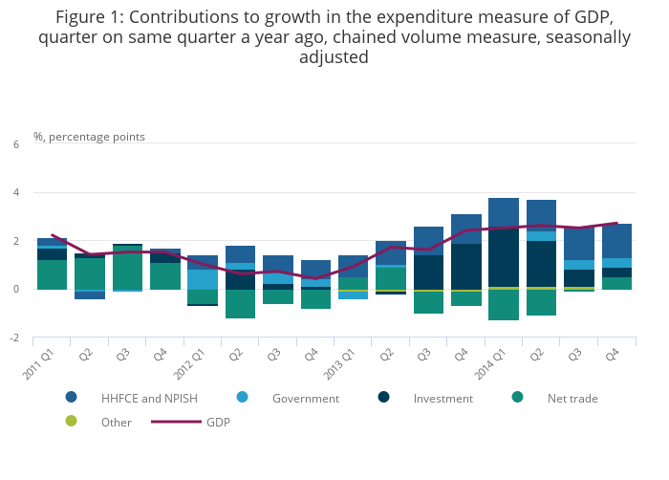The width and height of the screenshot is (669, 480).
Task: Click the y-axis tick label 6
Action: point(15,144)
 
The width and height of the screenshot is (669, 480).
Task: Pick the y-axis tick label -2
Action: point(13,338)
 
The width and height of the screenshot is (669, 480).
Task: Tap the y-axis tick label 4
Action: point(15,193)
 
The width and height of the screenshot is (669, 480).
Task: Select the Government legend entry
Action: point(305,398)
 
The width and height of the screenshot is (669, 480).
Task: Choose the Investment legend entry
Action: point(443,398)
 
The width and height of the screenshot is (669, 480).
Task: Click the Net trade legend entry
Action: point(572,398)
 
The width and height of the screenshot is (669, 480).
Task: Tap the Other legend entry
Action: point(116,422)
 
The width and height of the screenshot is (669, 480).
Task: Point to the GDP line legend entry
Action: point(218,422)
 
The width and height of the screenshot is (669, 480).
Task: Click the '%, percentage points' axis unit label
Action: point(89,137)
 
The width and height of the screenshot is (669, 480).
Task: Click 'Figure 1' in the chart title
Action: point(91,17)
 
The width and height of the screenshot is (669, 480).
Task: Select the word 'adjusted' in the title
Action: point(334,57)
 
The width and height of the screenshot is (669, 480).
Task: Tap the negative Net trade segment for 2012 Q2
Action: point(240,303)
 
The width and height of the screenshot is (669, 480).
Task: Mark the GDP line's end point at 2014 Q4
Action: point(616,223)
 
